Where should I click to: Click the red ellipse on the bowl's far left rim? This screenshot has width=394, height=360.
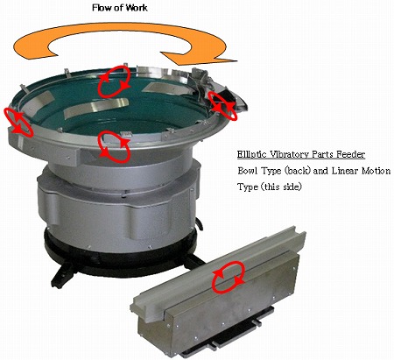19,121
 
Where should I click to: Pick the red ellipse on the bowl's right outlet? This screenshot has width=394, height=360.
222,104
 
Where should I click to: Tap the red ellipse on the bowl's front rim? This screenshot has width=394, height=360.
114,147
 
